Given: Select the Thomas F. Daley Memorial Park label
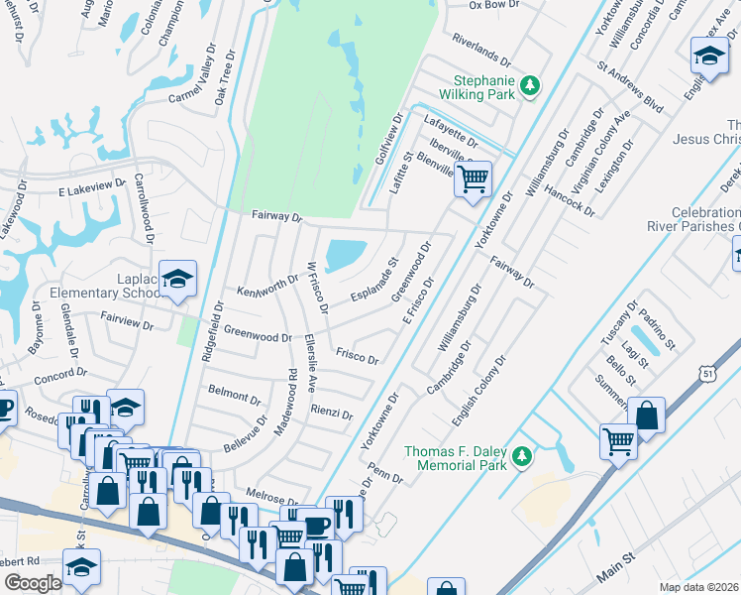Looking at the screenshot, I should click(455, 458).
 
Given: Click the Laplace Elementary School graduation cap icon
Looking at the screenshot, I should click(177, 280).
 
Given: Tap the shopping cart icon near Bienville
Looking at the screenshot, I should click(474, 179).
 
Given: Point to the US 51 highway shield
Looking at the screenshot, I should click(705, 371).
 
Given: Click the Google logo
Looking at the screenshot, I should click(32, 583).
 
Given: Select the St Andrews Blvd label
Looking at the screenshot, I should click(628, 89).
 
